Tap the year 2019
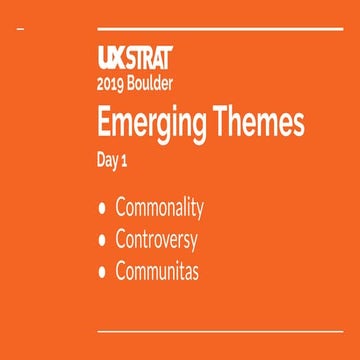[111, 84]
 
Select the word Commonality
[159, 209]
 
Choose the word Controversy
[157, 241]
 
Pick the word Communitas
[157, 271]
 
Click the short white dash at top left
[22, 31]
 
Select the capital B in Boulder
[133, 84]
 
